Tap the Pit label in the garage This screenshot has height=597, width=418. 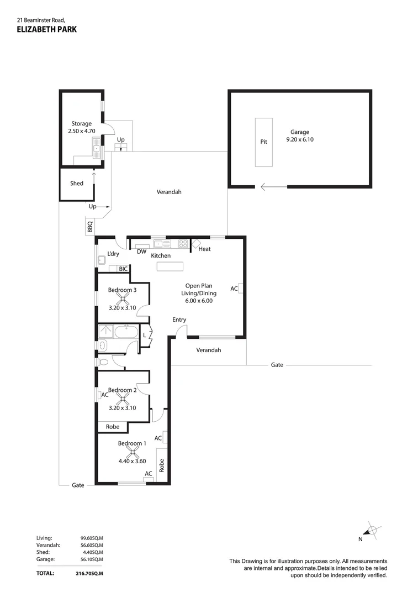[x=263, y=142]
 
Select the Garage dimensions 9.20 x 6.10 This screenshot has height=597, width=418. [x=300, y=140]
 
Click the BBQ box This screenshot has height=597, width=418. [x=90, y=227]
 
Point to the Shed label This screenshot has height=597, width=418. [x=77, y=183]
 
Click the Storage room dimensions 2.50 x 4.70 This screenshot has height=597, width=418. [x=81, y=132]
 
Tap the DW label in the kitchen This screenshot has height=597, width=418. [x=141, y=252]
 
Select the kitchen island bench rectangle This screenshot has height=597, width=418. [x=170, y=266]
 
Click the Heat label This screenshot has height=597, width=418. [x=204, y=249]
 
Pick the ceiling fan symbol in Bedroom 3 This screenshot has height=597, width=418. [x=122, y=297]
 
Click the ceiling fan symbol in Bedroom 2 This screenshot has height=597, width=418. [x=122, y=398]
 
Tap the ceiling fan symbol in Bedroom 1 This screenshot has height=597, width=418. [x=131, y=452]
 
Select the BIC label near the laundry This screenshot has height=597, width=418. [x=123, y=269]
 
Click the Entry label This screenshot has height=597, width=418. [x=179, y=320]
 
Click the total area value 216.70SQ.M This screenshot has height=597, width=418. [x=89, y=574]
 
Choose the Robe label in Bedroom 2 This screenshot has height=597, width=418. [x=112, y=427]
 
